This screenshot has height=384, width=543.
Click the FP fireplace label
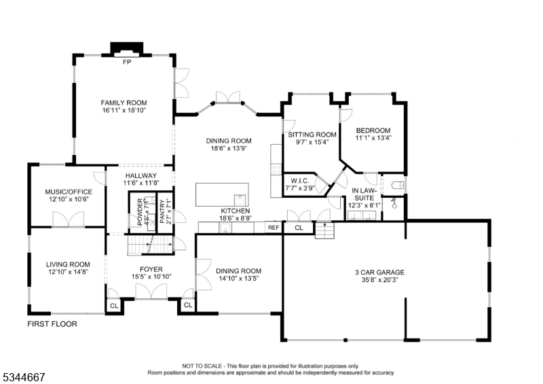click(x=127, y=62)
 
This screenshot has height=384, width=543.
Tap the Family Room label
click(x=124, y=103)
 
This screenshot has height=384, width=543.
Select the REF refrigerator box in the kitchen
click(x=274, y=228)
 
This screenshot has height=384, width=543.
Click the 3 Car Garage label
click(x=379, y=273)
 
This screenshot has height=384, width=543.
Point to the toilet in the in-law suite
click(x=398, y=186)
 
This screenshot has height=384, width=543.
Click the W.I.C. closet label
click(x=300, y=181)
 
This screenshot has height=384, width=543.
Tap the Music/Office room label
click(x=69, y=192)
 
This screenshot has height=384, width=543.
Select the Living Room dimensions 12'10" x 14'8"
click(x=68, y=272)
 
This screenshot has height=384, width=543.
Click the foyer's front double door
click(x=151, y=292)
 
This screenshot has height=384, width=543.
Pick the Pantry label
click(x=162, y=211)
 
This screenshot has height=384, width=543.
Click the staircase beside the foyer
click(x=150, y=245)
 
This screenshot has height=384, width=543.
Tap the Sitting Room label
click(x=312, y=135)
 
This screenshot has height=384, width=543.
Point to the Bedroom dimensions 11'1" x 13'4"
click(x=373, y=138)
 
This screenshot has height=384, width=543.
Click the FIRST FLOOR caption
click(x=52, y=324)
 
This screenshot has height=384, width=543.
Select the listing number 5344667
click(x=23, y=377)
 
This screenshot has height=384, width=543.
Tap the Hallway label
click(x=141, y=175)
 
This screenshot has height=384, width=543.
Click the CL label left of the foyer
click(x=114, y=306)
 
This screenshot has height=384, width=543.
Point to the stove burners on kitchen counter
click(x=276, y=169)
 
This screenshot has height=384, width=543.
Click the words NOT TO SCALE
click(x=202, y=366)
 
